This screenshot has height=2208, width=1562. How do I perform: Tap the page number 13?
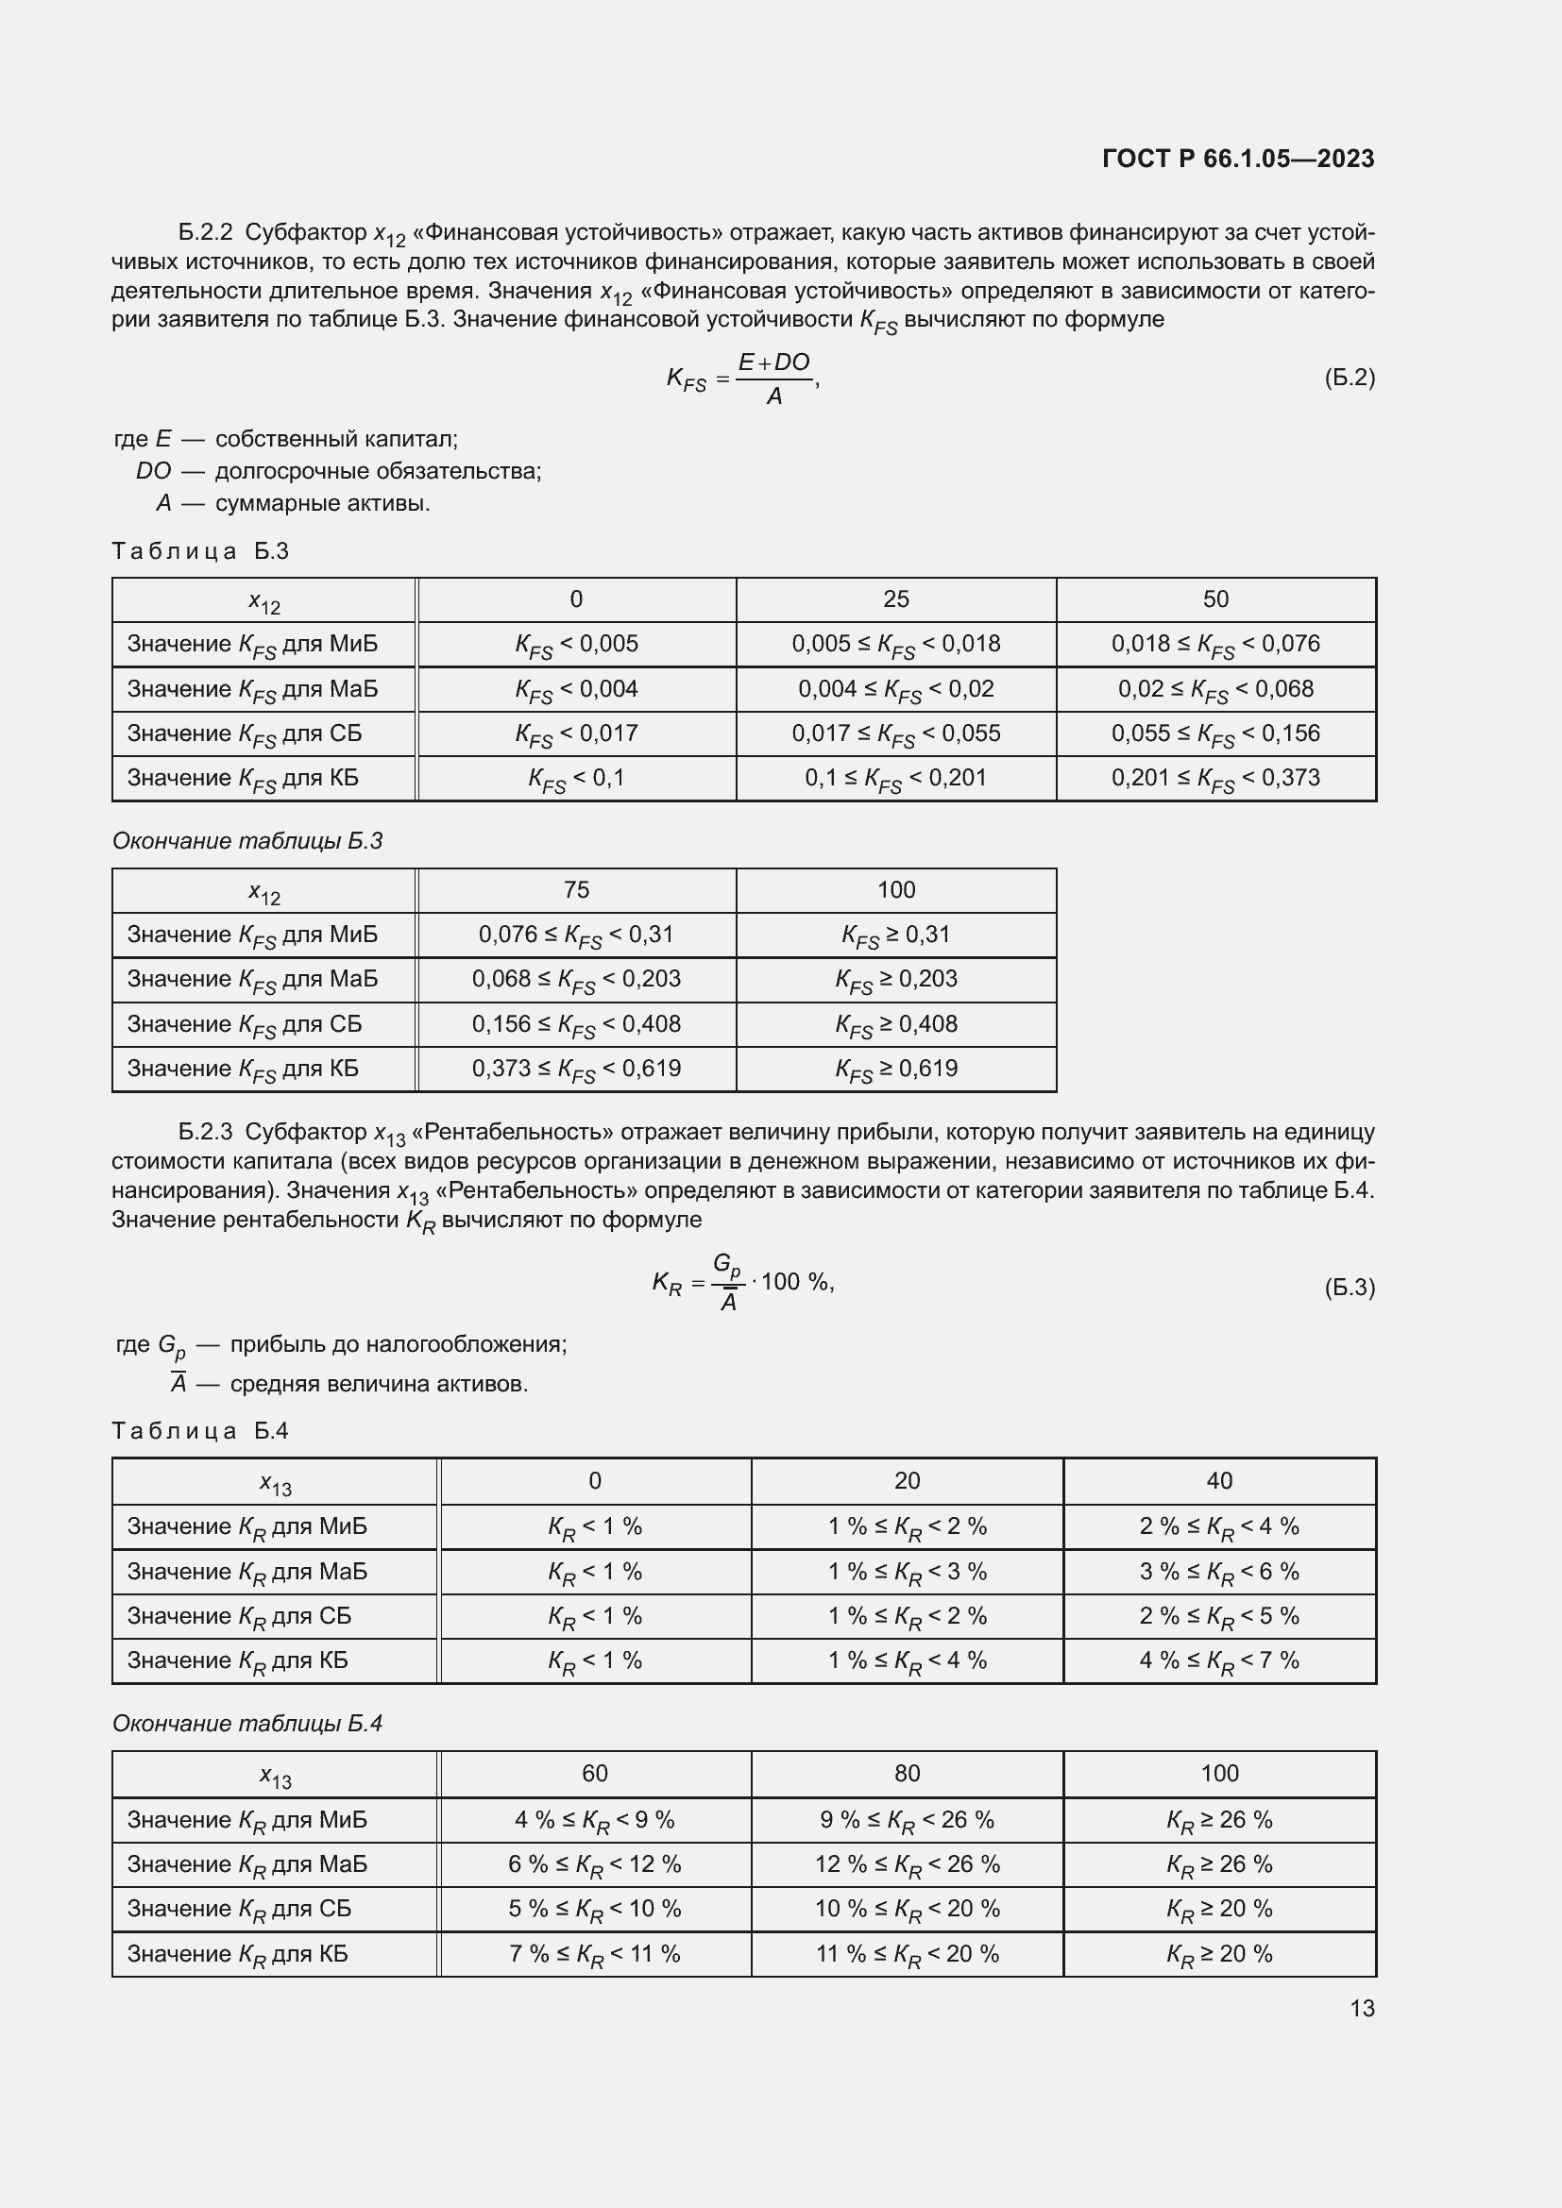coord(1362,2008)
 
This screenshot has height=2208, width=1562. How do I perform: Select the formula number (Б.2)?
coord(1350,378)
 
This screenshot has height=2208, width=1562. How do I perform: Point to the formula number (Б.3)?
coord(1350,1287)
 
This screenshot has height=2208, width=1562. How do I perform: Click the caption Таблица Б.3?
coord(200,551)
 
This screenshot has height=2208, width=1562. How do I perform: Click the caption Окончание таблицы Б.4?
coord(247,1724)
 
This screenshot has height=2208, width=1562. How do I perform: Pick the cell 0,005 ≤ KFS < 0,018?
coord(895,645)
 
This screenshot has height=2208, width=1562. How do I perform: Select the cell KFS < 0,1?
coord(575,778)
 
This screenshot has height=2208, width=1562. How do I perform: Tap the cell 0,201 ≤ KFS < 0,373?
coord(1214,778)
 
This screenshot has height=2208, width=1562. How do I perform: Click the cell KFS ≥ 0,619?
coord(895,1070)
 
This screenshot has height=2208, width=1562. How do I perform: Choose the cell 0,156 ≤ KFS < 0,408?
coord(575,1024)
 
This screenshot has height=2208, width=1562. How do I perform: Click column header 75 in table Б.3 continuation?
coord(575,890)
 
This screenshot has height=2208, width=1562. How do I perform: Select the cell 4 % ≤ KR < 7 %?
coord(1218,1660)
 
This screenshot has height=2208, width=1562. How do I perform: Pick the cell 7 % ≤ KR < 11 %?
coord(594,1954)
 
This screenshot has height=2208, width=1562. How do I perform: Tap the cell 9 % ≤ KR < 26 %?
coord(906,1820)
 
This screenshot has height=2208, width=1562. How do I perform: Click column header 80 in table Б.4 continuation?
coord(906,1774)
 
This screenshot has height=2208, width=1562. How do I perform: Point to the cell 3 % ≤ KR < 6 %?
coord(1218,1572)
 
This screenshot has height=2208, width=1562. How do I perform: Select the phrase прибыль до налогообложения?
coord(399,1344)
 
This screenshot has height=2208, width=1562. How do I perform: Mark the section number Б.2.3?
coord(205,1132)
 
